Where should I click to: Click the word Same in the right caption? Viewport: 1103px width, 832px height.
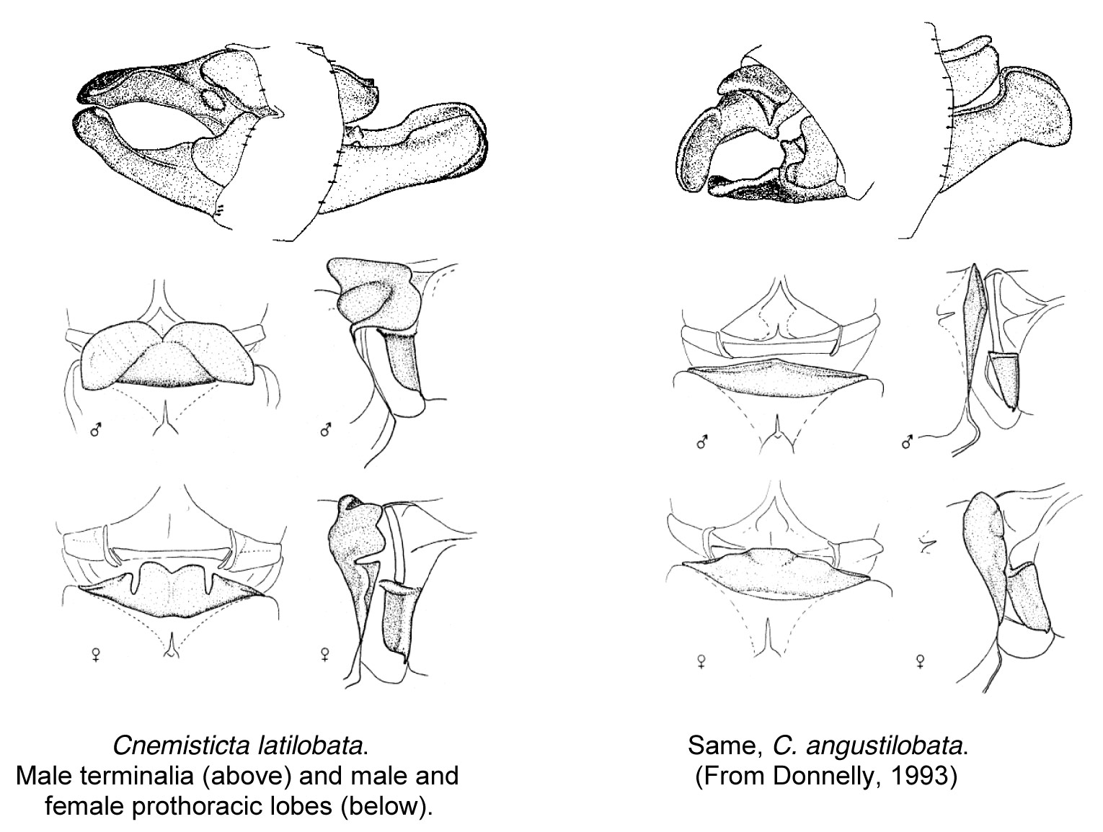pos(724,745)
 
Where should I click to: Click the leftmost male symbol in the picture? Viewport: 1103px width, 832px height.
pos(95,431)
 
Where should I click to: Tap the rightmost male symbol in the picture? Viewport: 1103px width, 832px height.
pos(908,442)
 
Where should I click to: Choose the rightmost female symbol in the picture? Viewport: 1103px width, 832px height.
pos(920,660)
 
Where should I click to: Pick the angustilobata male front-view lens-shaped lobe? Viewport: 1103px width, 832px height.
pos(776,381)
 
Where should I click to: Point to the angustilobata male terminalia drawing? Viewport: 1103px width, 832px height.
pos(872,130)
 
